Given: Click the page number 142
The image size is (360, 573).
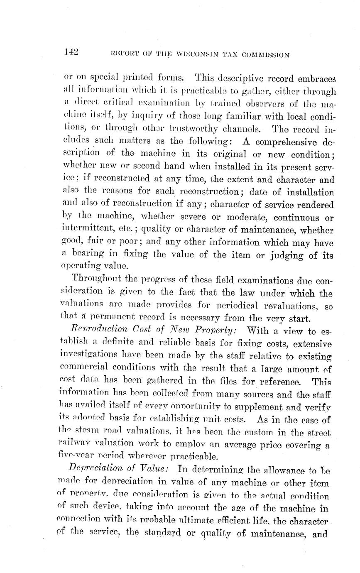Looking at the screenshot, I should click(71, 52).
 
